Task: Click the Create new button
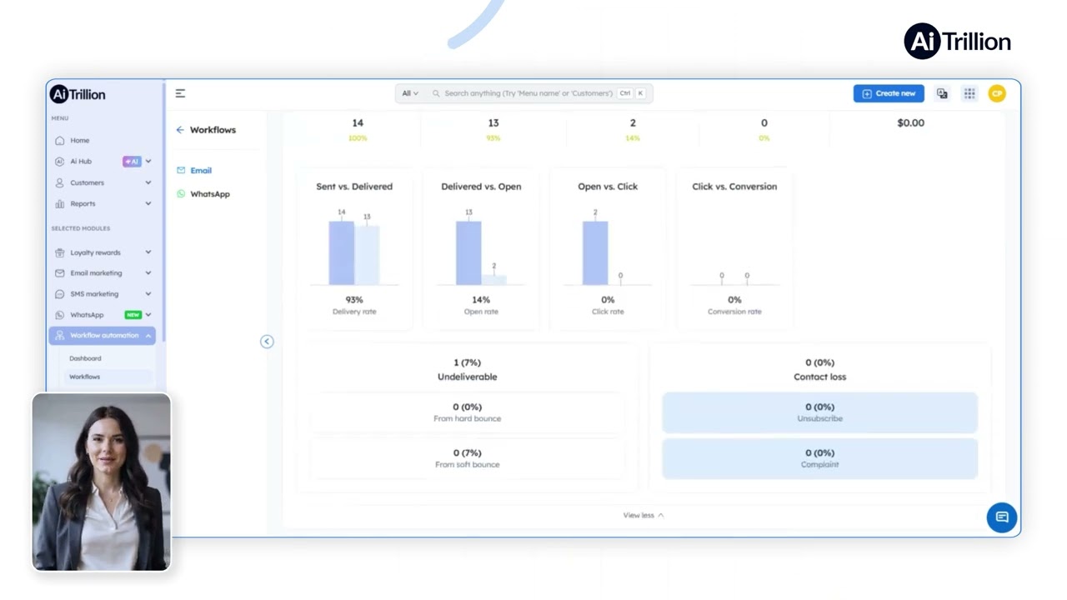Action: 889,93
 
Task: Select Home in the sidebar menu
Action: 80,141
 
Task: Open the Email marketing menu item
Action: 96,273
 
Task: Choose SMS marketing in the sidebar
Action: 94,294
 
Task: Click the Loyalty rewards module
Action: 95,252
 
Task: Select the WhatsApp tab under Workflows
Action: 209,194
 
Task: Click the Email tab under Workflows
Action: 201,171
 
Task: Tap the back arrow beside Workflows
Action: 180,130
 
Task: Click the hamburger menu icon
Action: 180,93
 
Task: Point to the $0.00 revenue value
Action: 910,123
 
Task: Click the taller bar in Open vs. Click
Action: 595,252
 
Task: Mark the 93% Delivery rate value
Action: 354,300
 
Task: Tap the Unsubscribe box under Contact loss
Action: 819,412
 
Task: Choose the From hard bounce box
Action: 467,412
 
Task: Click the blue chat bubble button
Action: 1002,517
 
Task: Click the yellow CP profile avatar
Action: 997,93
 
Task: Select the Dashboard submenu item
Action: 85,358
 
